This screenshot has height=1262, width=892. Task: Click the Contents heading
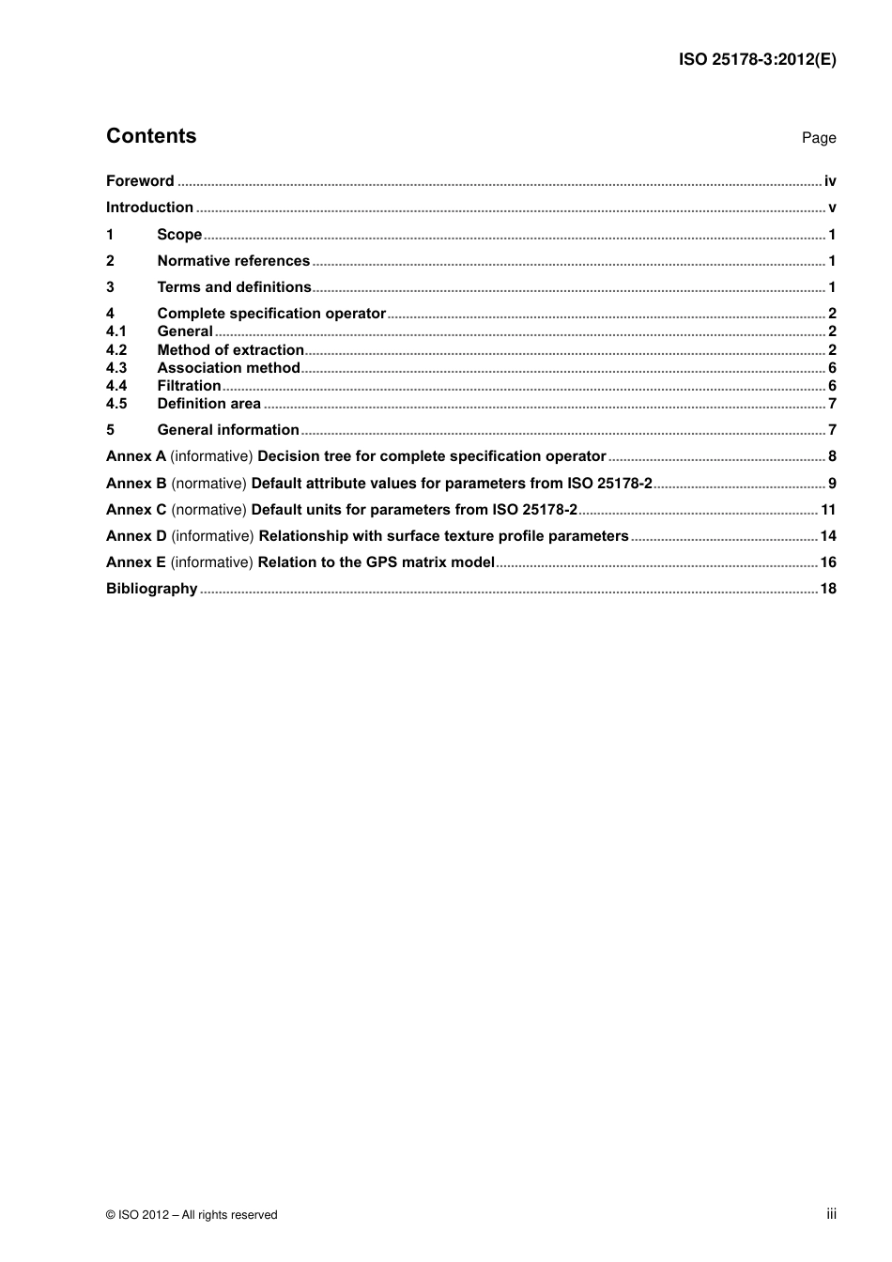click(151, 136)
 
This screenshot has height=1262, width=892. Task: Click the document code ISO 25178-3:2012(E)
click(757, 59)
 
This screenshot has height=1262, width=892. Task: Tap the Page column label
click(818, 138)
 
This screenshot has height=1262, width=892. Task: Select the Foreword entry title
click(140, 181)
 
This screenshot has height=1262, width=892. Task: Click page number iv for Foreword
click(830, 181)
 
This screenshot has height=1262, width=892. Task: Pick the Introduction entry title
click(149, 208)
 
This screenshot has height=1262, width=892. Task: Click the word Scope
click(179, 235)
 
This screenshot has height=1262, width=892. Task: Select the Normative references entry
click(233, 261)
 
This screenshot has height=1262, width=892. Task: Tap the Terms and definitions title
click(234, 287)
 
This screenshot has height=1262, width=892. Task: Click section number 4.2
click(116, 350)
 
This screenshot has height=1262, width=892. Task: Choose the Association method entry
click(228, 368)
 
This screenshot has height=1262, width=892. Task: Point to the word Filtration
click(189, 386)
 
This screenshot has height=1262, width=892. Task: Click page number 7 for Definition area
click(832, 404)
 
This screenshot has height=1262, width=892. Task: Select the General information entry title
click(228, 430)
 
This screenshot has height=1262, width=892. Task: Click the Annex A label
click(136, 456)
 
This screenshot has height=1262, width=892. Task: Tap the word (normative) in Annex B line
click(208, 484)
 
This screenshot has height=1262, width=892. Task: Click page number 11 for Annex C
click(828, 510)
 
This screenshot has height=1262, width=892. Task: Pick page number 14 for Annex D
click(828, 536)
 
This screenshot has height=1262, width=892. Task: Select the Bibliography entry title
click(151, 589)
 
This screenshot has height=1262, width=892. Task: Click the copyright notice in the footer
click(192, 1215)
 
